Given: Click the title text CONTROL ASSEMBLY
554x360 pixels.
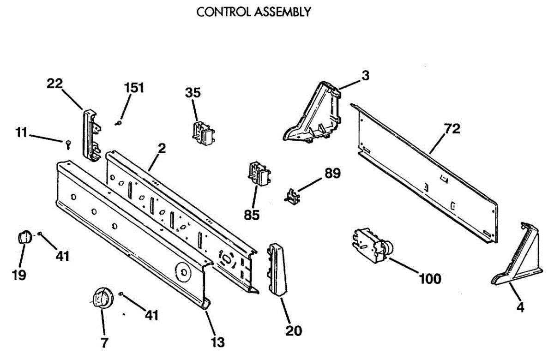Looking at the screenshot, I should (253, 12).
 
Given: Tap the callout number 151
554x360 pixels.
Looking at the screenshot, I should (134, 88).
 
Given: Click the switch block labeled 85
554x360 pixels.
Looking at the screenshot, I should (259, 175).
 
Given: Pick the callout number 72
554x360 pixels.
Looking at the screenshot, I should (452, 130).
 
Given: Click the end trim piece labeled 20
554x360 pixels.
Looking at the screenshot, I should (277, 270).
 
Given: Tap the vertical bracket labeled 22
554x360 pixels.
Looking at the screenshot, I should (90, 135).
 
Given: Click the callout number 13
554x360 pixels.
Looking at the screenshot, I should (217, 342).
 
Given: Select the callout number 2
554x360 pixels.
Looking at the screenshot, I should (162, 149).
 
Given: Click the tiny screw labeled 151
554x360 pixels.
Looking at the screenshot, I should (118, 123).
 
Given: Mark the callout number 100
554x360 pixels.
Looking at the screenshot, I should (430, 279).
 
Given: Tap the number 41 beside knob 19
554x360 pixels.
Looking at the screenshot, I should (62, 256).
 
